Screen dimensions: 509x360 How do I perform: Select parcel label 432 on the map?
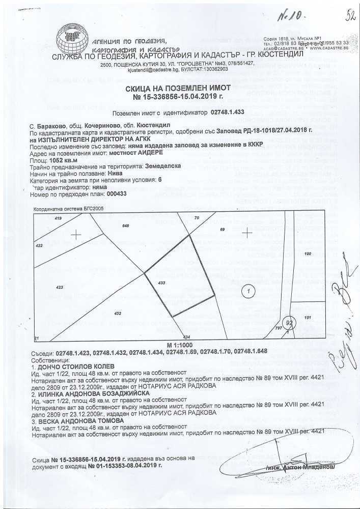click(118, 313)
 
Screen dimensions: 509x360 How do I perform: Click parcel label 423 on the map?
click(60, 288)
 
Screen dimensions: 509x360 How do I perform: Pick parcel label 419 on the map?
click(58, 218)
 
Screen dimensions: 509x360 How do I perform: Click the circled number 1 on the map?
click(248, 291)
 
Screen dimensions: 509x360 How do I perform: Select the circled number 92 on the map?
click(289, 322)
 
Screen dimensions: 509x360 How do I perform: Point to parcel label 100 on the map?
click(308, 253)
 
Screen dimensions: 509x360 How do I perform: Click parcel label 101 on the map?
click(308, 317)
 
